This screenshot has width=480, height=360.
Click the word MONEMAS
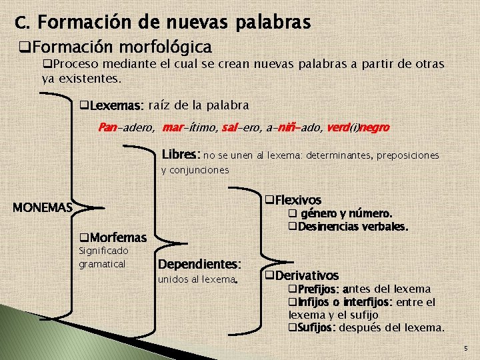[43, 207]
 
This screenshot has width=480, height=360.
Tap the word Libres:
[180, 155]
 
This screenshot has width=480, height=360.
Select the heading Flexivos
[297, 200]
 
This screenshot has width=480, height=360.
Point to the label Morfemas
[117, 237]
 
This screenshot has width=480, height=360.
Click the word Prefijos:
[317, 289]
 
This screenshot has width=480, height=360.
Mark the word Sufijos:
[316, 327]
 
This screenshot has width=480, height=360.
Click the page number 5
[465, 349]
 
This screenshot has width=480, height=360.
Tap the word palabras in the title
[273, 23]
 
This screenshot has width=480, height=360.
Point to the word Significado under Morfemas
[103, 251]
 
